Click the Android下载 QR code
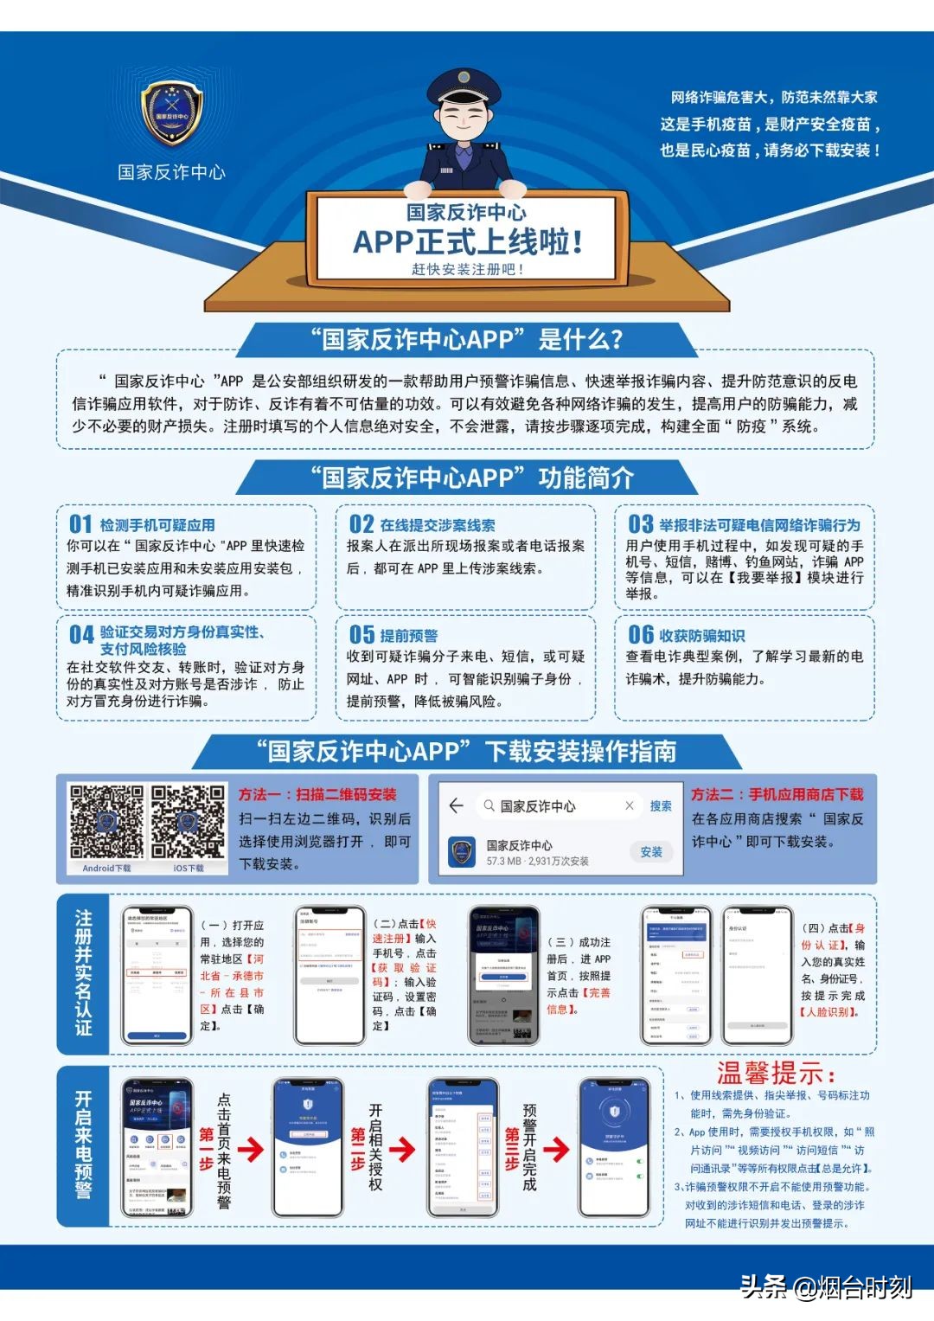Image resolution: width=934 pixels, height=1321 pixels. [106, 823]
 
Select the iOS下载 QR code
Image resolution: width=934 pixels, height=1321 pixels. [188, 823]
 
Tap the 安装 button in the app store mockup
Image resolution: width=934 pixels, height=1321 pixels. [651, 852]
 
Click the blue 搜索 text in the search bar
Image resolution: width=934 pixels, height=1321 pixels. [661, 806]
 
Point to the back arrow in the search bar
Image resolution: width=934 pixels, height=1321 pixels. [457, 806]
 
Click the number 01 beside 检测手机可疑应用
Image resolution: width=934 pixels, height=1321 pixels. [80, 524]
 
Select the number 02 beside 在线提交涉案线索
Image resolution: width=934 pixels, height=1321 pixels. [361, 524]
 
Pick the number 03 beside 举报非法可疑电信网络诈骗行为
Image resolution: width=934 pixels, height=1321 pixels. [641, 524]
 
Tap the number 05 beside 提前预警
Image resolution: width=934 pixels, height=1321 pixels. [361, 635]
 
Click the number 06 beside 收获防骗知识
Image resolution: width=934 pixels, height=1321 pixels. [641, 635]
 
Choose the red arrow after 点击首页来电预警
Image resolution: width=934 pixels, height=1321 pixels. [251, 1149]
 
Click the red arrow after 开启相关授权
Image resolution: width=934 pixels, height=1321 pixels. [402, 1149]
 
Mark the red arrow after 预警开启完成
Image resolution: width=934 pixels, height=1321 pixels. [556, 1149]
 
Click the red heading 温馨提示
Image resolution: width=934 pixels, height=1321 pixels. [776, 1074]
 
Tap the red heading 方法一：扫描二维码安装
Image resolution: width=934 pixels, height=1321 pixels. [317, 794]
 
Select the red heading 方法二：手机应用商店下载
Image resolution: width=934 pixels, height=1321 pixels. [777, 794]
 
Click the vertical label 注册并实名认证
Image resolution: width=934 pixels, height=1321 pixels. [83, 972]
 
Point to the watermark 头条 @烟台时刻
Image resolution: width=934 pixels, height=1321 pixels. [826, 1287]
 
